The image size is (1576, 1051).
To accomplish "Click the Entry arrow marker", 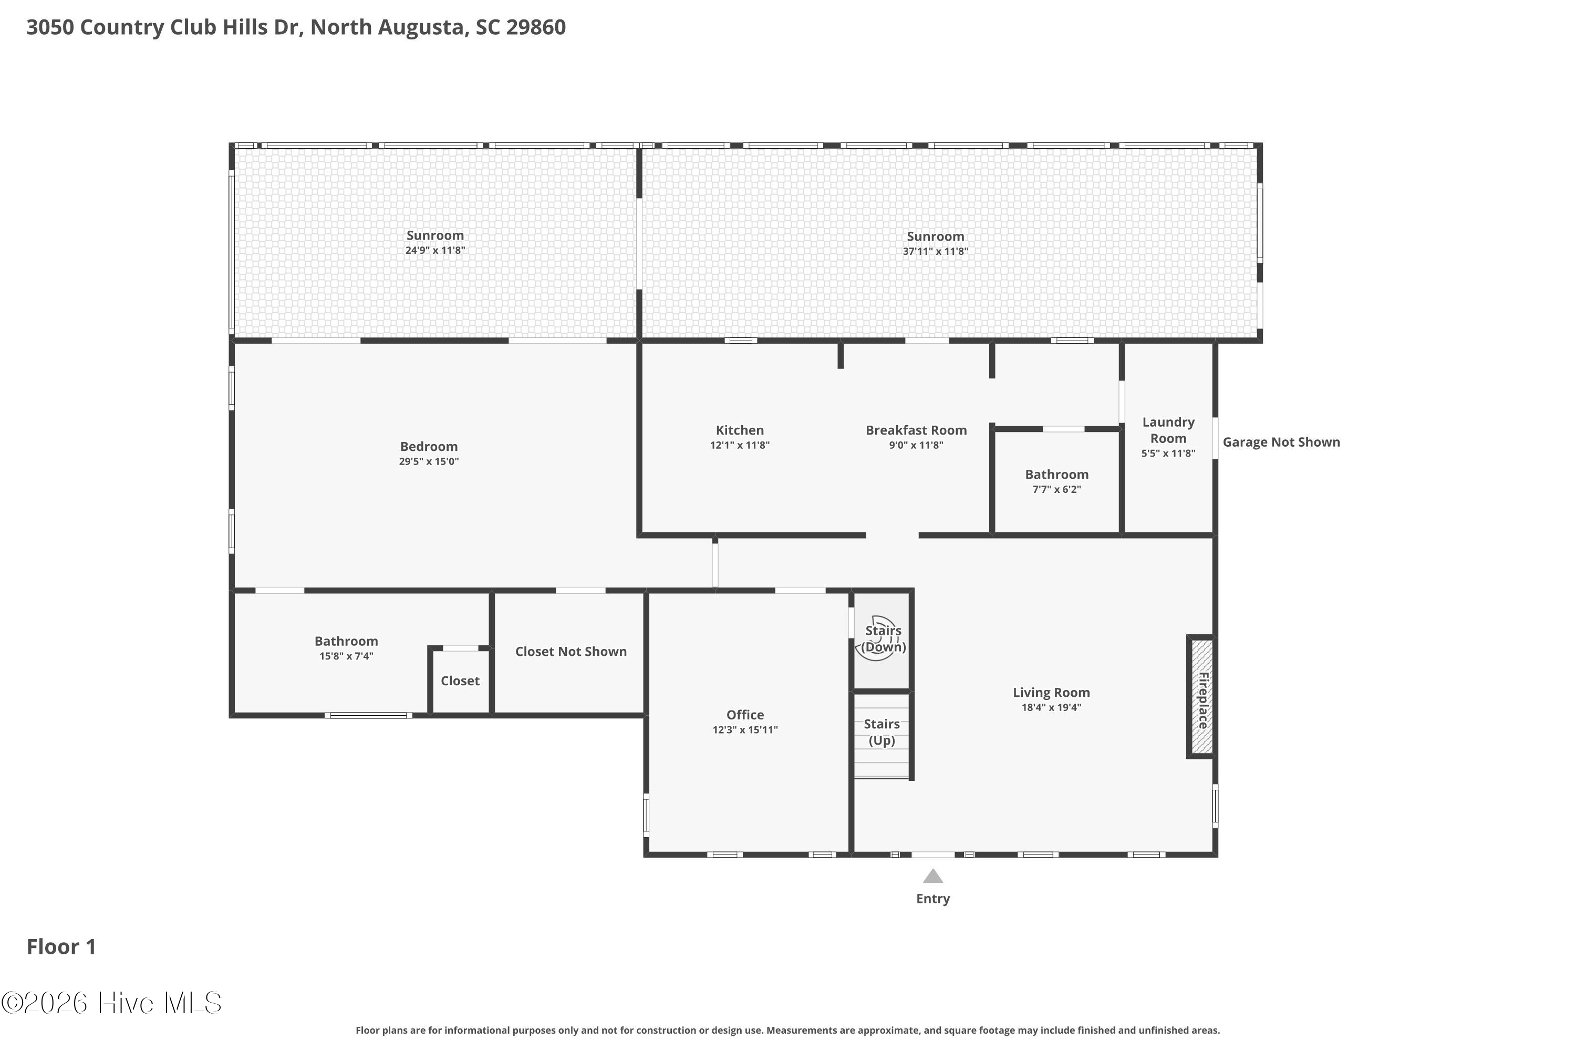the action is (x=933, y=876).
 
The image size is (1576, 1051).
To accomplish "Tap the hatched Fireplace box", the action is (x=1201, y=696).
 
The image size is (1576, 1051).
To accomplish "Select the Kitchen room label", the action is (x=740, y=430).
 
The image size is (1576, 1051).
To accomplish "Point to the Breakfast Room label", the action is (x=916, y=430).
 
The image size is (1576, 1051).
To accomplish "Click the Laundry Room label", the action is (x=1168, y=430).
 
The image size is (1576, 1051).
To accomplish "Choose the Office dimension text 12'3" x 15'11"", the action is (x=745, y=730).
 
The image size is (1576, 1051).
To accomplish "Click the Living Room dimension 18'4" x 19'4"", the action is (x=1051, y=707).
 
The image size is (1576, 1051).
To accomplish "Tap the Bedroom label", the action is (x=429, y=446).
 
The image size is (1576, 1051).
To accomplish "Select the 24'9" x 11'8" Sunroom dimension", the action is (x=435, y=251).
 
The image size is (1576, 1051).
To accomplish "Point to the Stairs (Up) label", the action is (x=882, y=732).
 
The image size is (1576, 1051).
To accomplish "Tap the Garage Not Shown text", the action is (x=1281, y=442).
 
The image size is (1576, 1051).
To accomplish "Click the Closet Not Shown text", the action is (x=571, y=652).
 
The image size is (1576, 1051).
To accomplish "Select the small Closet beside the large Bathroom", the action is (x=460, y=681).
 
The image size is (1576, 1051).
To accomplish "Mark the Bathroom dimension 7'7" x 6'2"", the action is (x=1056, y=489).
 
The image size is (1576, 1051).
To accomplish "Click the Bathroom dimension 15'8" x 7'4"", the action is (x=346, y=656).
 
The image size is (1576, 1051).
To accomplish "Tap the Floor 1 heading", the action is (x=61, y=947).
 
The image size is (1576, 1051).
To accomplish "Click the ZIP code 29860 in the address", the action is (x=536, y=27).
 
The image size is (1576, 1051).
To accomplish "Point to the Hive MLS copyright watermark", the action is (x=111, y=1003).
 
